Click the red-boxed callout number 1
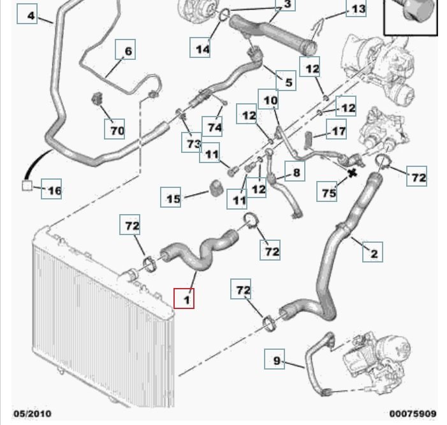tap(186, 298)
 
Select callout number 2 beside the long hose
tap(373, 253)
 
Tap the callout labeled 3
tap(287, 4)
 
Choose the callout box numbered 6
tap(127, 50)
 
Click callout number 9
tap(276, 361)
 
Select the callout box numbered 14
tap(202, 48)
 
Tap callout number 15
tap(173, 198)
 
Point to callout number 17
tap(337, 132)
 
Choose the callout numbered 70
tap(115, 131)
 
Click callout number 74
tap(214, 127)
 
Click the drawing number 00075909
tap(413, 414)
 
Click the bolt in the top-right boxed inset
tap(409, 13)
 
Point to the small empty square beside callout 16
tap(27, 185)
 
